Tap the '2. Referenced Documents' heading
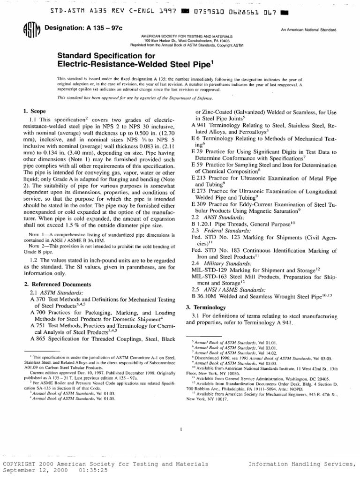point(54,284)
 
